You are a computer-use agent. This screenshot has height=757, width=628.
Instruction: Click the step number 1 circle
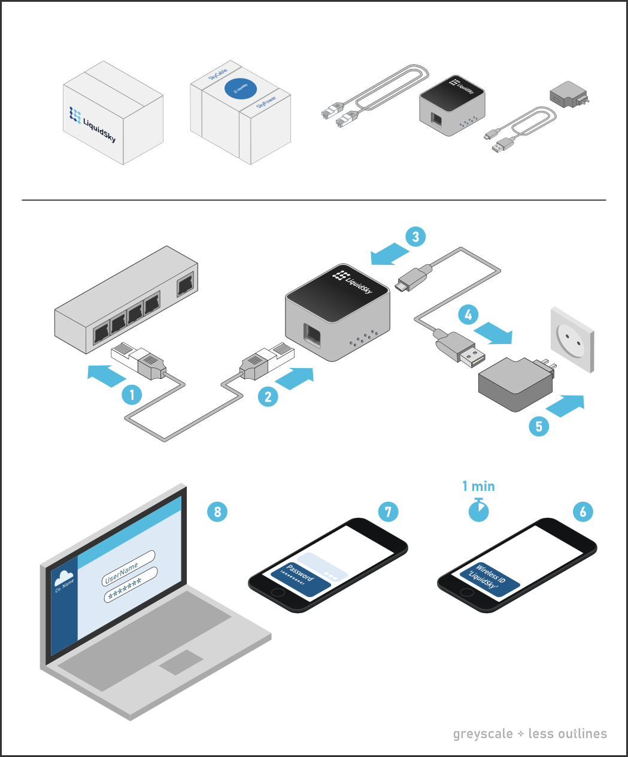click(x=132, y=394)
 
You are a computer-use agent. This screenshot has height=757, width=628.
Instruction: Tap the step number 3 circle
click(x=415, y=236)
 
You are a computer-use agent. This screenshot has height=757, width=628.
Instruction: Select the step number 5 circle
click(x=539, y=426)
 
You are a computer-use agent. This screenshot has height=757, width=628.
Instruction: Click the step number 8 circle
click(x=217, y=511)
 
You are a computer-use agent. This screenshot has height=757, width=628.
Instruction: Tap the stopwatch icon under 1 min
click(x=478, y=510)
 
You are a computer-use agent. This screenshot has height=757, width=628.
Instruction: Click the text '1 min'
click(x=478, y=486)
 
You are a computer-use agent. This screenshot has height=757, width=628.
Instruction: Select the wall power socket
click(x=572, y=340)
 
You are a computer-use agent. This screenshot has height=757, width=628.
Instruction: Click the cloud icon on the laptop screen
click(x=63, y=578)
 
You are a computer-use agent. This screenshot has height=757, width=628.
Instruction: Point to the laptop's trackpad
click(x=181, y=662)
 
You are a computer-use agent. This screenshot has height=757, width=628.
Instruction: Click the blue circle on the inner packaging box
click(x=241, y=89)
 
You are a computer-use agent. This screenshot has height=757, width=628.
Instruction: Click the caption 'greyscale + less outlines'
click(x=530, y=734)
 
